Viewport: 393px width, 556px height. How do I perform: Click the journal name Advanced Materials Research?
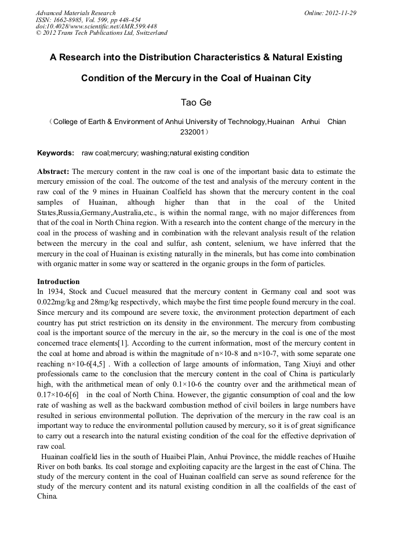[75, 13]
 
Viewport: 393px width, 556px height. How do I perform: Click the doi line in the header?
[96, 26]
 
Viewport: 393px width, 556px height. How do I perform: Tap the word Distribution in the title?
[173, 57]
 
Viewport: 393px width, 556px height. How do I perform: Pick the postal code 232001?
[194, 132]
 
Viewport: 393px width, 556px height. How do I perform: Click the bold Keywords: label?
[56, 153]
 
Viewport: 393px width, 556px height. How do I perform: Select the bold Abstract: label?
[53, 172]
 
